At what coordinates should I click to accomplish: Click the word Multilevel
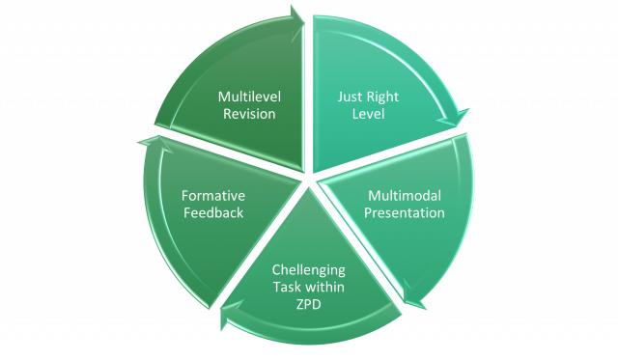pos(247,97)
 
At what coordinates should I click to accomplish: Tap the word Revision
pos(247,114)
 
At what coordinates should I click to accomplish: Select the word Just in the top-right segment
pos(349,97)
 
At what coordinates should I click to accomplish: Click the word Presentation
pos(406,212)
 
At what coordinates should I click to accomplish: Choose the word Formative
pos(212,196)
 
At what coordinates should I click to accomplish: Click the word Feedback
pos(212,212)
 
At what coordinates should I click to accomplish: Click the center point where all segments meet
pos(309,180)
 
